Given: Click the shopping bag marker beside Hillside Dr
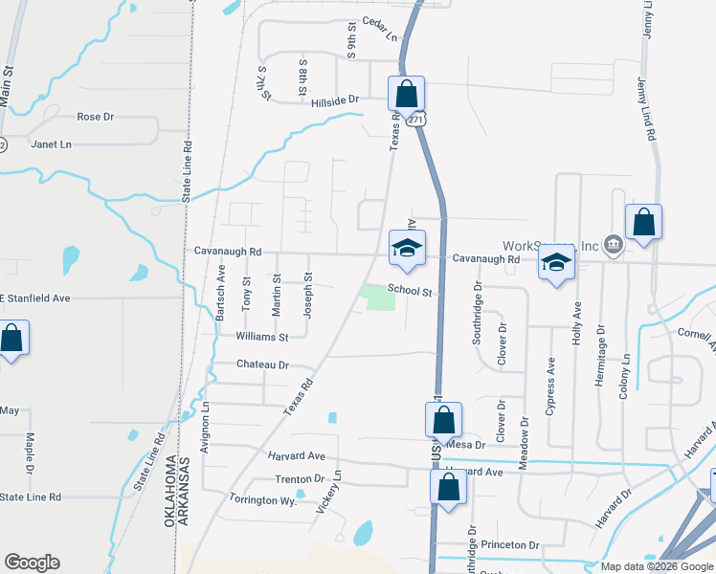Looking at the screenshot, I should tap(406, 95).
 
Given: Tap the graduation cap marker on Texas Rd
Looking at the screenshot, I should tap(406, 248).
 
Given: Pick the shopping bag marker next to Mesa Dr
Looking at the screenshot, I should tap(443, 419).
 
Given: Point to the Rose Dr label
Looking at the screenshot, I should tap(95, 117).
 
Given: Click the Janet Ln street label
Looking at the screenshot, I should tap(52, 144).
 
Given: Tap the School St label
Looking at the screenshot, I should tap(411, 290).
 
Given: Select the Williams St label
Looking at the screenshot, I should tap(262, 337).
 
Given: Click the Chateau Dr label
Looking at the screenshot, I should tap(262, 364).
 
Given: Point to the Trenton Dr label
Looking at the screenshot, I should tap(301, 478).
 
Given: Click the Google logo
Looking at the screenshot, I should tap(32, 563).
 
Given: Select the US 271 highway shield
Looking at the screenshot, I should tap(414, 120).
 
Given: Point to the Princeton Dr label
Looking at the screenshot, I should tap(508, 544).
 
